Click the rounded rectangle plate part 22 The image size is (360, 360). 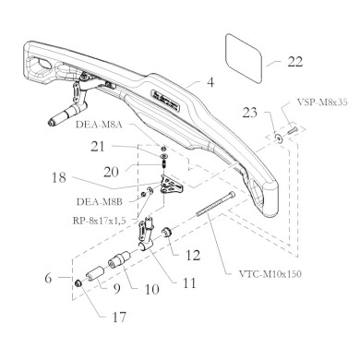click(246, 51)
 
